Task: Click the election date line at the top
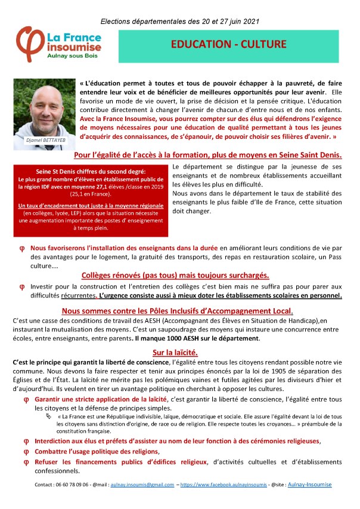tap(180, 21)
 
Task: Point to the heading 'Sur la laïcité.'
tap(179, 352)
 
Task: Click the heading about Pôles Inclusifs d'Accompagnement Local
tap(177, 311)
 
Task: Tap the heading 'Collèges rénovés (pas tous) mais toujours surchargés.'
tap(175, 275)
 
